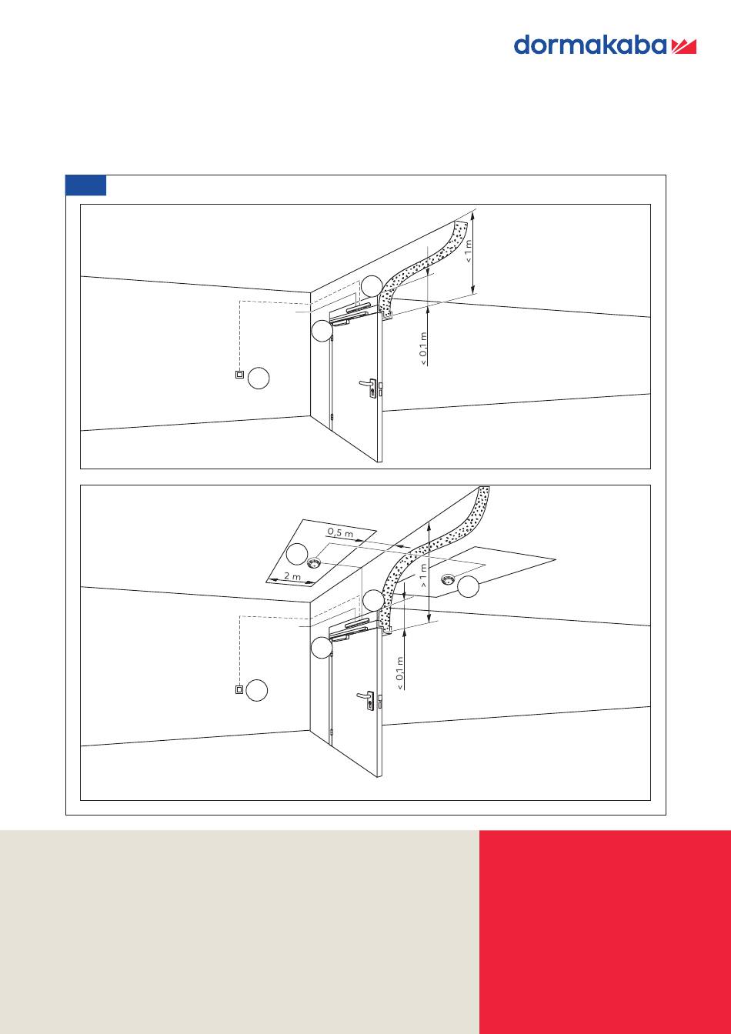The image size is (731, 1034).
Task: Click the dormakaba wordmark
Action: coord(589,45)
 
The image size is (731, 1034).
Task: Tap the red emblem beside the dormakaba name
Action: coord(683,47)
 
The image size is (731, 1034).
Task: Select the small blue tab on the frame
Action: coord(86,185)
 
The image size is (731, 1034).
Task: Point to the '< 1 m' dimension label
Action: coord(469,251)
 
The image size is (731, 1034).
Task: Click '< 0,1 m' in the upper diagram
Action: coord(424,349)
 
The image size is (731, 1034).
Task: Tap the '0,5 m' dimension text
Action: coord(340,532)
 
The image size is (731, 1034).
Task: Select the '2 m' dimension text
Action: coord(292,576)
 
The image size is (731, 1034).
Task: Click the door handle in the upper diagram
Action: coord(369,386)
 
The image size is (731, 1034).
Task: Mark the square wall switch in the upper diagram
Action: coord(239,375)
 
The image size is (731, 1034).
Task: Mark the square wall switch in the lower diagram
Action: coord(239,689)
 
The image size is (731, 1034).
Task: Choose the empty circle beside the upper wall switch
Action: coord(259,378)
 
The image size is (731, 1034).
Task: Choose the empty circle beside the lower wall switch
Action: coord(257,690)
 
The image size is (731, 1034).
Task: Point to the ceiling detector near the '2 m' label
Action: coord(313,562)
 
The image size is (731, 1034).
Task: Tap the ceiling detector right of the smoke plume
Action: coord(448,579)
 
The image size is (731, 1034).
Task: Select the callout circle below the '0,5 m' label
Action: coord(297,555)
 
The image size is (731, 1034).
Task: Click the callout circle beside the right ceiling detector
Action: coord(468,587)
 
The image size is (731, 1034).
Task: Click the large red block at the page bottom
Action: coord(605,932)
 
